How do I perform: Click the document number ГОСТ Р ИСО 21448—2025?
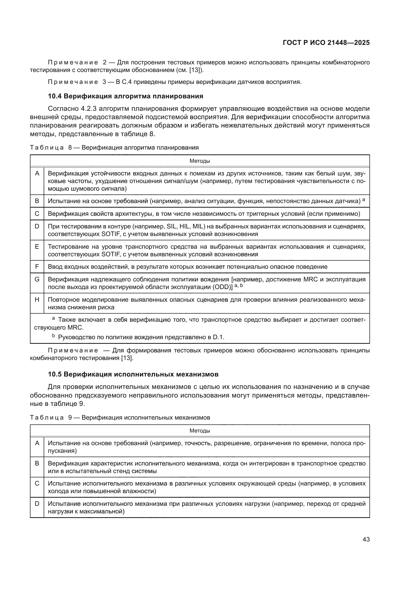[326, 43]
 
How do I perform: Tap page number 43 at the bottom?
[366, 539]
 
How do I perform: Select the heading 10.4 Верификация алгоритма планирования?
[125, 96]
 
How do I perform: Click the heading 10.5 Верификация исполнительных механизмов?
[133, 374]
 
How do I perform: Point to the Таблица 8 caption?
[114, 148]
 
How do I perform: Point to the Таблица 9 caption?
[120, 417]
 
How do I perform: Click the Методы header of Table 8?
[200, 161]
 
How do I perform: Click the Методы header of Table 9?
[200, 430]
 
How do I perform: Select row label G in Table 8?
[37, 279]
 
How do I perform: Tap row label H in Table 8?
[37, 300]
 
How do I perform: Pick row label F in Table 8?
[37, 266]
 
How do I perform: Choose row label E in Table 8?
[37, 246]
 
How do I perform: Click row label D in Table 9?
[37, 504]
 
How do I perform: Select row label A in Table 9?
[37, 443]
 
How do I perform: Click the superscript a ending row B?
[364, 199]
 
